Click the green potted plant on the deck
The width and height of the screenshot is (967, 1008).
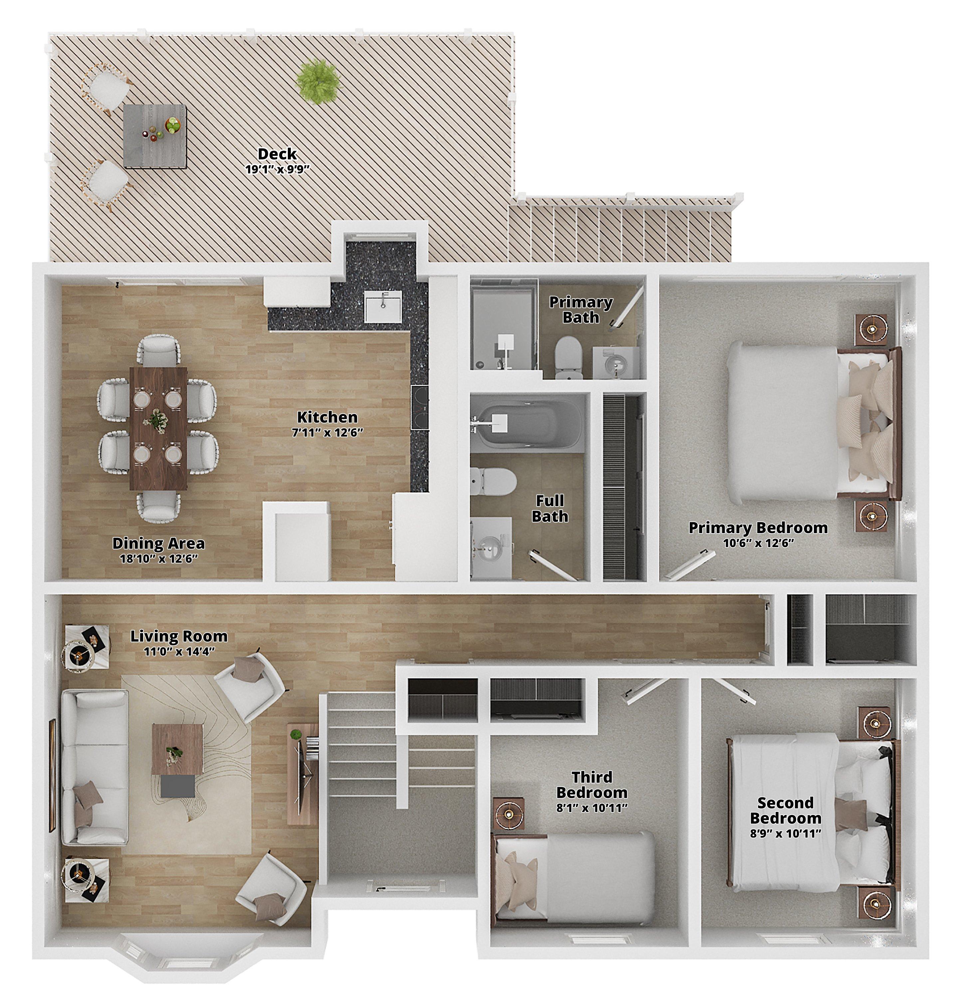pos(319,81)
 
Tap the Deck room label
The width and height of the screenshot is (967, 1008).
pos(277,154)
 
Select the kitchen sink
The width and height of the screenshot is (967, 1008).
pos(384,306)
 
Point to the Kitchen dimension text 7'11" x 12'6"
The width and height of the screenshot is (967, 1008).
pos(328,433)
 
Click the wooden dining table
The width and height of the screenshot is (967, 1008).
pos(158,428)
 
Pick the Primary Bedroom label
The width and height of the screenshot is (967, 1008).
pos(758,528)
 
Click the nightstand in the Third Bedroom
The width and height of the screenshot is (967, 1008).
pos(509,814)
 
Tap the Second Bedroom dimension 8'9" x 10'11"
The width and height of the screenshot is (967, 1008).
pos(785,834)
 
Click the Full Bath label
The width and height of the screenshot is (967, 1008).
pos(550,508)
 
